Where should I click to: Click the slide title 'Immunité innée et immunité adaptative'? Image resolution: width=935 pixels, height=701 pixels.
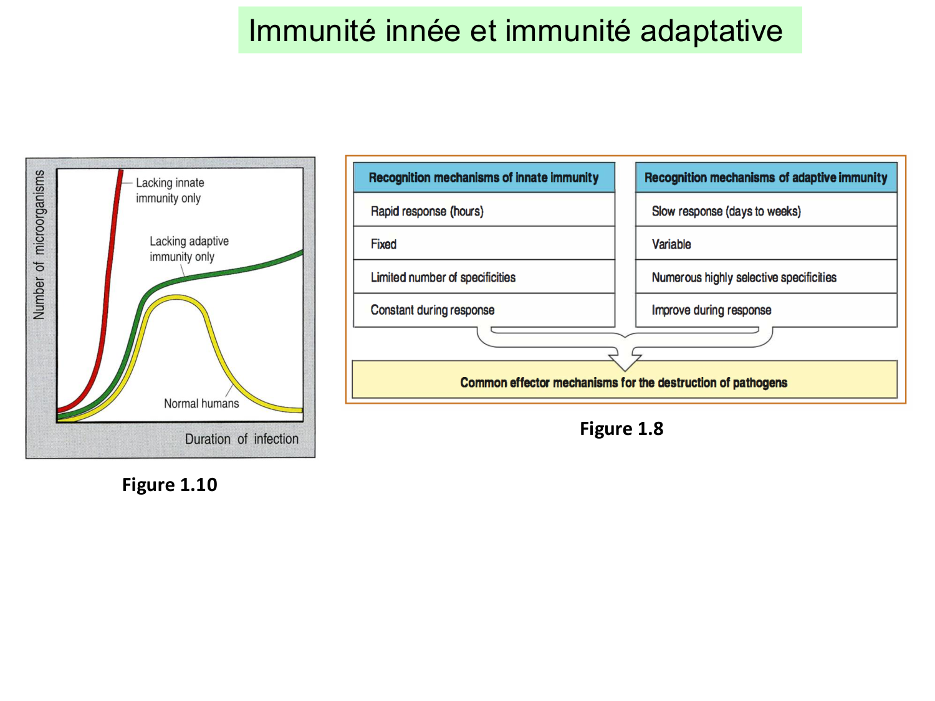(515, 31)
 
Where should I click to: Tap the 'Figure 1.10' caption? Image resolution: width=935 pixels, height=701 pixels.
(170, 485)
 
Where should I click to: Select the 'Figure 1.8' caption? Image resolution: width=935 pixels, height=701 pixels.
(621, 429)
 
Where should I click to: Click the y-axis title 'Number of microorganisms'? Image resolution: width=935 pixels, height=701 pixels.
(39, 244)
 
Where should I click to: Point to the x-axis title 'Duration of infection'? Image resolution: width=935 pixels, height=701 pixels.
(241, 439)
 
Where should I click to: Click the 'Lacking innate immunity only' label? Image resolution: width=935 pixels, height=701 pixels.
(170, 190)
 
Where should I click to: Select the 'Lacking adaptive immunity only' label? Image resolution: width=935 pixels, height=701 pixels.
(189, 249)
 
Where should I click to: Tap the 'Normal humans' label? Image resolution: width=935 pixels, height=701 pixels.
(201, 403)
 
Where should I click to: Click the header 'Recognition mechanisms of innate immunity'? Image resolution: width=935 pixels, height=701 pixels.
(483, 178)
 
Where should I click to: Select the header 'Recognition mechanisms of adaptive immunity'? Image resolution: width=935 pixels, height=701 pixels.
(765, 178)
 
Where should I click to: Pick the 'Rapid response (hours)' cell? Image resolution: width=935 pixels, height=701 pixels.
(427, 211)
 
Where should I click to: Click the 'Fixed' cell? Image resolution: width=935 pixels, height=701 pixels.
(383, 244)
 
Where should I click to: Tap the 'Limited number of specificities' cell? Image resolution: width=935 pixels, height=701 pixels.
(443, 277)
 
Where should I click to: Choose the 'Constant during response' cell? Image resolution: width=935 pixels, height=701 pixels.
(432, 310)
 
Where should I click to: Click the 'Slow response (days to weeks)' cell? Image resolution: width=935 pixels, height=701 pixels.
(726, 211)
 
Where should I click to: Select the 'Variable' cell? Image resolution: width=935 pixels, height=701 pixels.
(671, 244)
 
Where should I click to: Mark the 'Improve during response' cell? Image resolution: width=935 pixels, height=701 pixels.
(711, 310)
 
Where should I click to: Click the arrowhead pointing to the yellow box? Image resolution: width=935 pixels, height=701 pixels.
(625, 361)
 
